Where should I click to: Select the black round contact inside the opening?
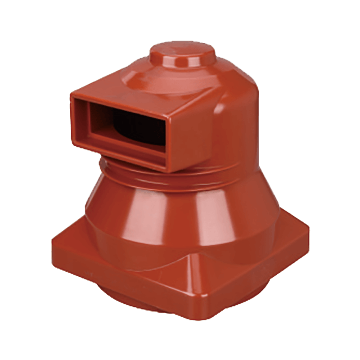click(135, 121)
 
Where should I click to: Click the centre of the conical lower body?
click(189, 216)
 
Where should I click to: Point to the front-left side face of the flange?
click(117, 279)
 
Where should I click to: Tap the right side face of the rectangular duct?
click(193, 135)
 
